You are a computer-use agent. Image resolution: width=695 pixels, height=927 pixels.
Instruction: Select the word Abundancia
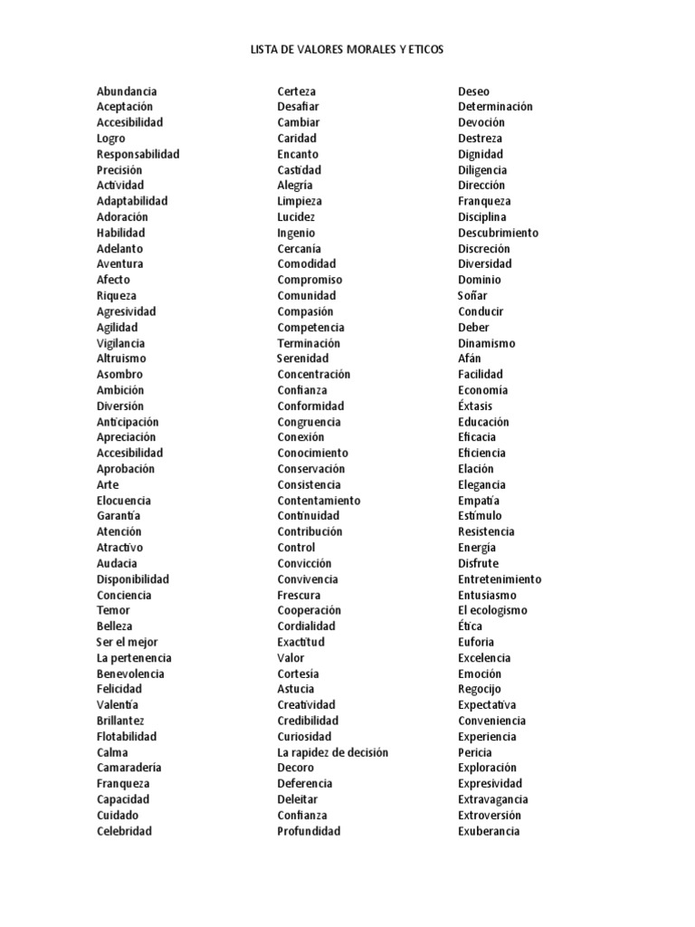pyautogui.click(x=127, y=91)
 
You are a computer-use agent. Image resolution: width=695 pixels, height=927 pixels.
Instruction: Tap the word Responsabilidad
pyautogui.click(x=138, y=154)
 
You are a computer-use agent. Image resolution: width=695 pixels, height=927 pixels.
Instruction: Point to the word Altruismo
pyautogui.click(x=121, y=358)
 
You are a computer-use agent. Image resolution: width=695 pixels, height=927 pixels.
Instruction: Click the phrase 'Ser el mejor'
pyautogui.click(x=128, y=642)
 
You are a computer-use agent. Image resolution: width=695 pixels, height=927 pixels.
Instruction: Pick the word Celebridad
pyautogui.click(x=124, y=831)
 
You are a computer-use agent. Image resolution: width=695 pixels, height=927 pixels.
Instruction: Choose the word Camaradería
pyautogui.click(x=129, y=768)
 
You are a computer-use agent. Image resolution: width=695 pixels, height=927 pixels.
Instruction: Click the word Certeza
pyautogui.click(x=297, y=91)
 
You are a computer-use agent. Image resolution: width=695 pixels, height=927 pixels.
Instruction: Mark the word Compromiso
pyautogui.click(x=310, y=280)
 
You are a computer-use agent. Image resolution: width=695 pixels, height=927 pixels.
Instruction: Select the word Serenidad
pyautogui.click(x=303, y=358)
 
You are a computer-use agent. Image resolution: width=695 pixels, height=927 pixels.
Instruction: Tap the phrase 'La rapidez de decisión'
pyautogui.click(x=333, y=752)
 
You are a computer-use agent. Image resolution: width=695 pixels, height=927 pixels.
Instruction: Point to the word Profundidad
pyautogui.click(x=309, y=831)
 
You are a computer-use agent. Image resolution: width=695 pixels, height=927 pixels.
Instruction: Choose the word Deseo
pyautogui.click(x=474, y=91)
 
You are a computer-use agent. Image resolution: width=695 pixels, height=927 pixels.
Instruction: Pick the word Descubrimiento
pyautogui.click(x=498, y=233)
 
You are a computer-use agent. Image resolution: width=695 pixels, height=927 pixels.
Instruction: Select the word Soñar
pyautogui.click(x=472, y=295)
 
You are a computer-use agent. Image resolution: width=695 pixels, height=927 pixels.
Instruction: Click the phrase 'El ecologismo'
pyautogui.click(x=492, y=610)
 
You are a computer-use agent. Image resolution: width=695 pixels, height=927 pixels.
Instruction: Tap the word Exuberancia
pyautogui.click(x=489, y=831)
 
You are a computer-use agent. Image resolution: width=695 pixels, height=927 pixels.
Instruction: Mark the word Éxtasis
pyautogui.click(x=475, y=406)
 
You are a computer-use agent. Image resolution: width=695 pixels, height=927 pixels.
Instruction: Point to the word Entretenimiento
pyautogui.click(x=500, y=578)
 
